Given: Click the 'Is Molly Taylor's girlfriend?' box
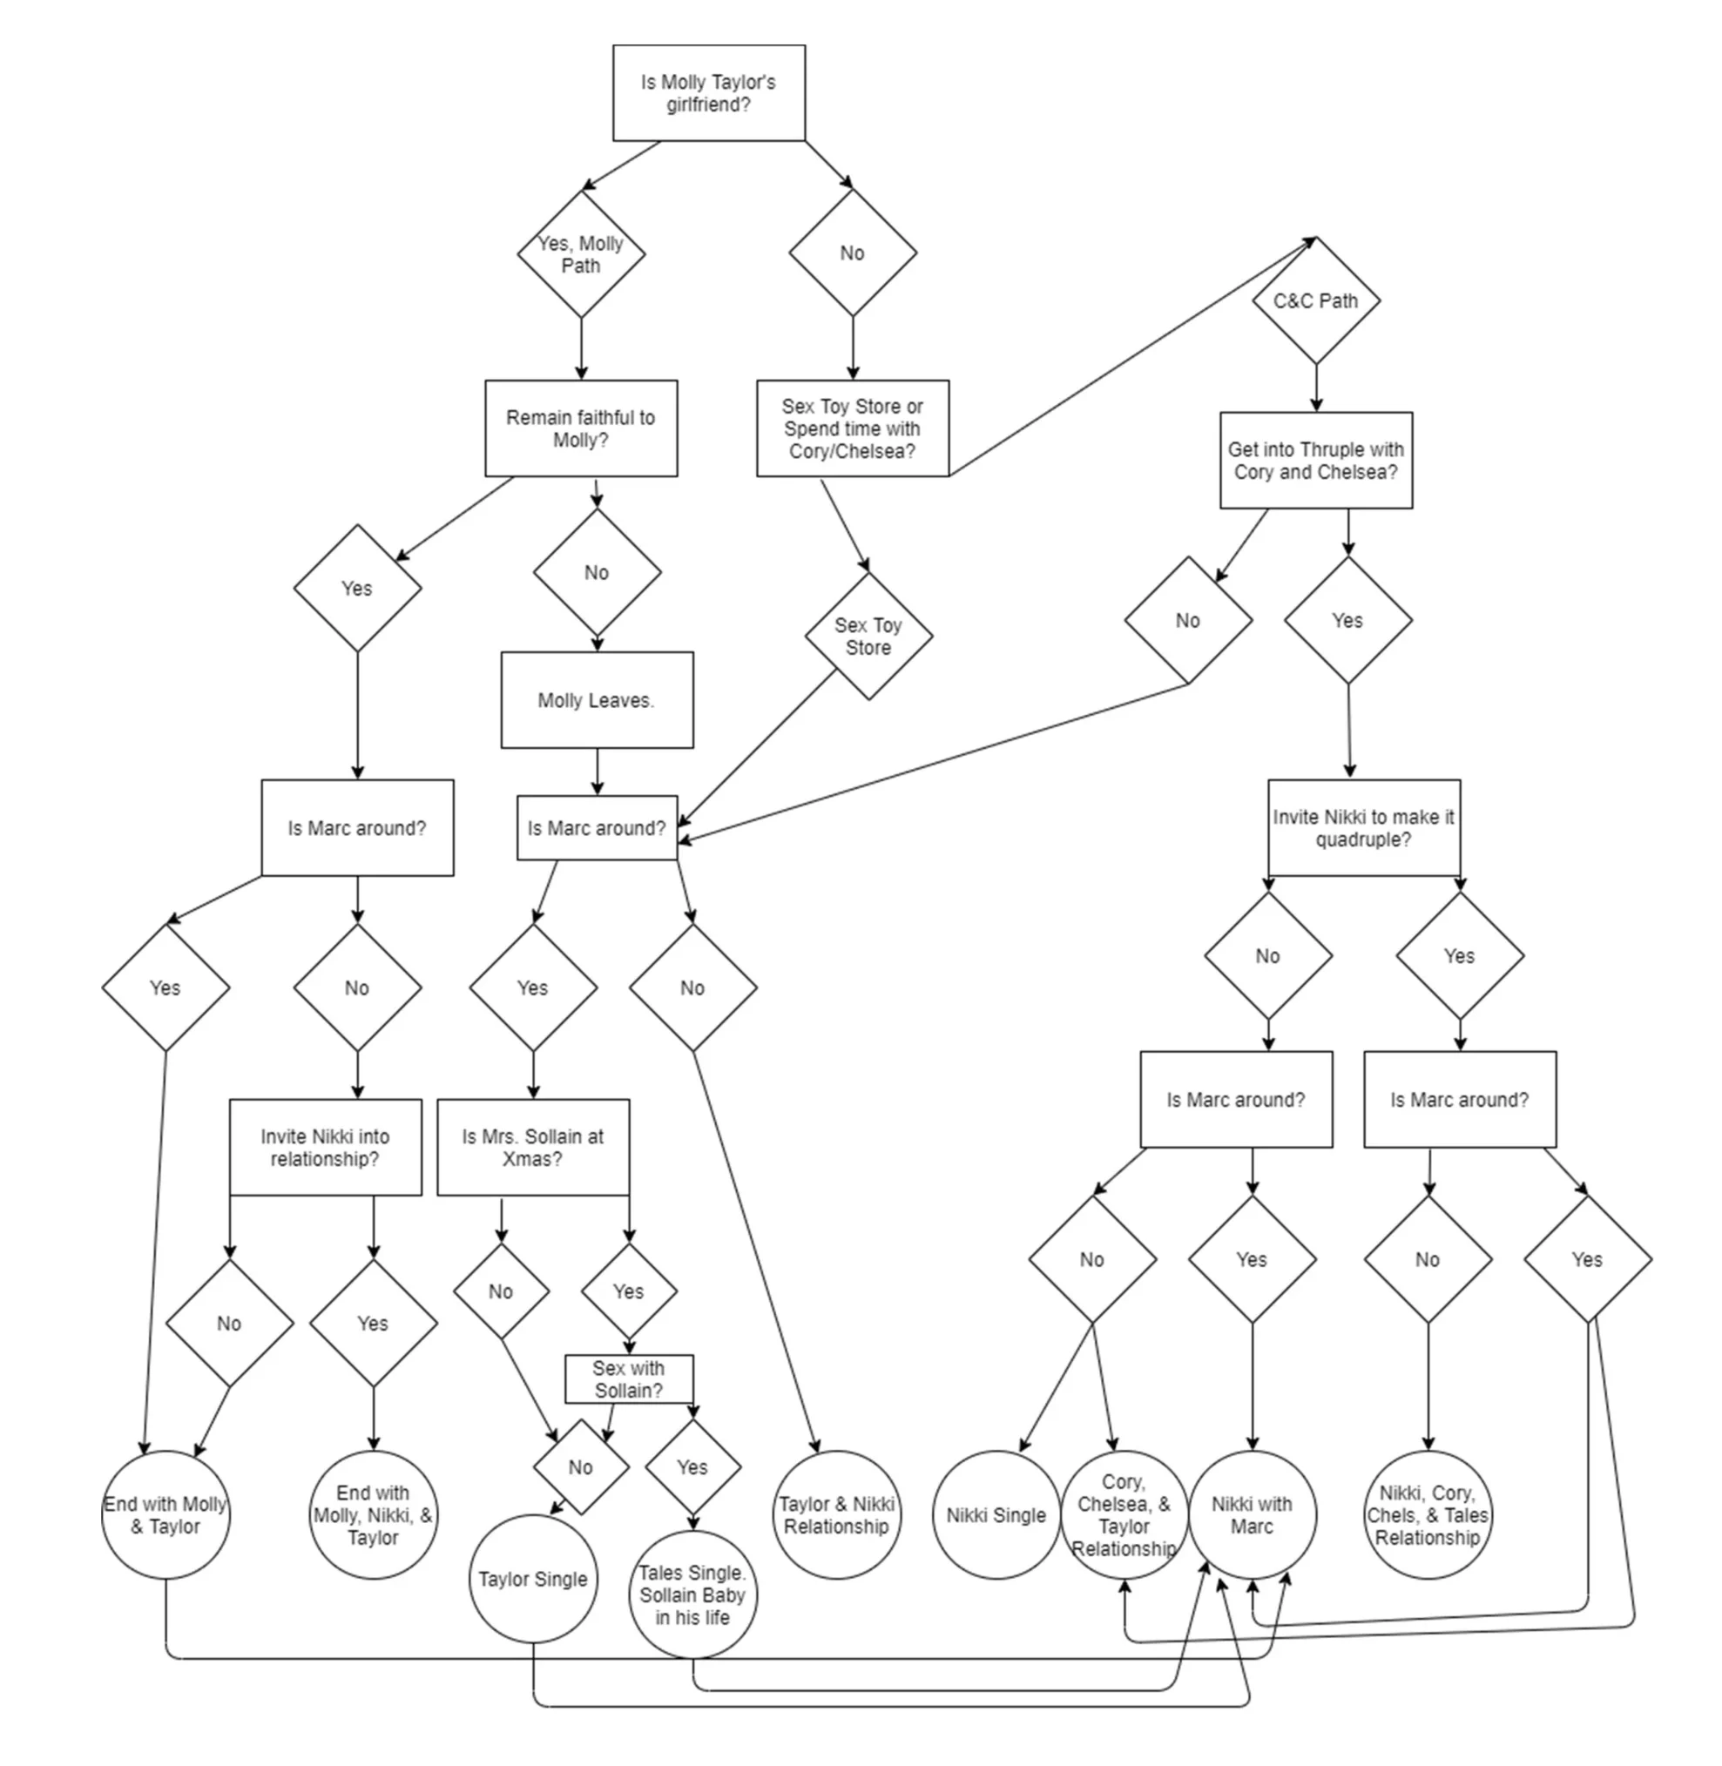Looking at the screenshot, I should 708,93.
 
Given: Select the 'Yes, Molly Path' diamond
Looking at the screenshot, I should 581,254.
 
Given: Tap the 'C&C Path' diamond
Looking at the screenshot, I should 1315,301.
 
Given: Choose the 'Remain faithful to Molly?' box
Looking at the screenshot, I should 581,428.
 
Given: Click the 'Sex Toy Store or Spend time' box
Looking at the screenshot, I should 852,428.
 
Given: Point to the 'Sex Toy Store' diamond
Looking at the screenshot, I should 868,637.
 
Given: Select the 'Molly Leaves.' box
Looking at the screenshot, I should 597,701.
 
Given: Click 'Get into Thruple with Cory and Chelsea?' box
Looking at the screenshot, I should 1315,462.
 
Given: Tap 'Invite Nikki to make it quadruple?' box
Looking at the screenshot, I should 1363,828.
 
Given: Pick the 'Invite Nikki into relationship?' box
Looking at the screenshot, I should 325,1148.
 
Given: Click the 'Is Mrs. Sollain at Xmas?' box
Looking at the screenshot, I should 533,1148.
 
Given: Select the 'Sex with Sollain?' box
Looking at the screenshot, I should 629,1379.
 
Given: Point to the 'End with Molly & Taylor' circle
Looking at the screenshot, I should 165,1515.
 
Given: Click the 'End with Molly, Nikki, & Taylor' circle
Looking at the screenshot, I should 373,1515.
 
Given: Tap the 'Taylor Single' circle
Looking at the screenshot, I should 533,1579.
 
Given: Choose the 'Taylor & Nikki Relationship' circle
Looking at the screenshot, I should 836,1515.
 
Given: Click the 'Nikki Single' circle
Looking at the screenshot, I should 996,1515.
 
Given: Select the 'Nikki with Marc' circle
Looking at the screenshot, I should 1252,1515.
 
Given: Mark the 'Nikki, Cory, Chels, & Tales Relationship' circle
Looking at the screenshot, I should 1428,1515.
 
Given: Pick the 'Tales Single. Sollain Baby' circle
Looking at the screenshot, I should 692,1595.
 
